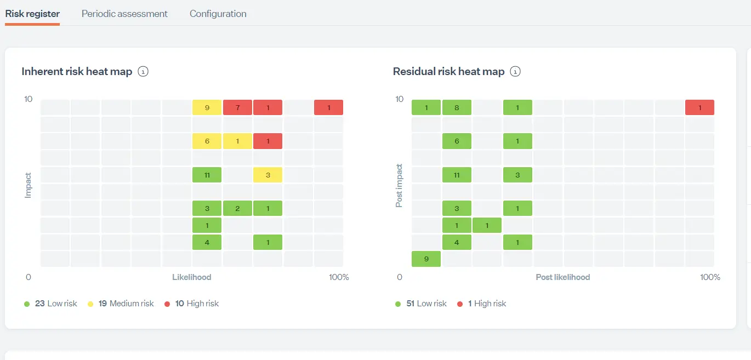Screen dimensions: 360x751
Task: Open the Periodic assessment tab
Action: pyautogui.click(x=124, y=14)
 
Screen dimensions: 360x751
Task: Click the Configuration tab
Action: pyautogui.click(x=218, y=14)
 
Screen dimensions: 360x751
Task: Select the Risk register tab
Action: pyautogui.click(x=32, y=14)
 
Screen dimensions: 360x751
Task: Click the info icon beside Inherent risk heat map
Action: pyautogui.click(x=143, y=71)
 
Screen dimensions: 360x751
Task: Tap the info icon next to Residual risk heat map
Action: pyautogui.click(x=515, y=71)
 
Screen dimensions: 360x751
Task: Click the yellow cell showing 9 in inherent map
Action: pyautogui.click(x=207, y=107)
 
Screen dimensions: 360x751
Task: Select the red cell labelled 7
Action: pyautogui.click(x=237, y=107)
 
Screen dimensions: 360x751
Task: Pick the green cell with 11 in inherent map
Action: pyautogui.click(x=207, y=175)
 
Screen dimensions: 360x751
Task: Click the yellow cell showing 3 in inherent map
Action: pyautogui.click(x=268, y=175)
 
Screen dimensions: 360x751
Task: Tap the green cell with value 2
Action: pyautogui.click(x=237, y=208)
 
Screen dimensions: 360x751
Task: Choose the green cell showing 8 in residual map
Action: pyautogui.click(x=457, y=107)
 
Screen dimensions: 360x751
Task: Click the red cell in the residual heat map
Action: pyautogui.click(x=699, y=107)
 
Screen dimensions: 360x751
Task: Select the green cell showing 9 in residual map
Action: pyautogui.click(x=426, y=259)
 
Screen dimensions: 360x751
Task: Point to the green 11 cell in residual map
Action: pyautogui.click(x=457, y=175)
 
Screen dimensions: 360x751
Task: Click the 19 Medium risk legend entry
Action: pyautogui.click(x=126, y=304)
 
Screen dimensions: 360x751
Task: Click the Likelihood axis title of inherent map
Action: pyautogui.click(x=191, y=277)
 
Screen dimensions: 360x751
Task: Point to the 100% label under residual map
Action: pyautogui.click(x=710, y=277)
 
